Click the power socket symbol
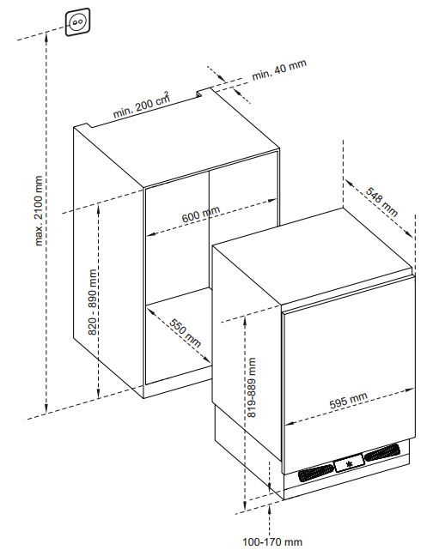pos(77,22)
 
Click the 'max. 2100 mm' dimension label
pos(39,210)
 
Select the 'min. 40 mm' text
pos(279,69)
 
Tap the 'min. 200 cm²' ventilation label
pos(141,105)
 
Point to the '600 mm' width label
pos(201,215)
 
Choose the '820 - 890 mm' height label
pos(92,302)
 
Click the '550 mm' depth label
pos(185,333)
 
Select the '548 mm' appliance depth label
pos(381,202)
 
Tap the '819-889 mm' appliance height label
pos(251,387)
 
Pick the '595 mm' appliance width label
pos(349,401)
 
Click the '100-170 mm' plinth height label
pos(272,541)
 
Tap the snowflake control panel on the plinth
pos(350,463)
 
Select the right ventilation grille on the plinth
pos(382,452)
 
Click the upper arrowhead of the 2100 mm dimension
pos(46,36)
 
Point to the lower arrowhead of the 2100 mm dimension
pos(46,409)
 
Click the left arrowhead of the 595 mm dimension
pos(290,423)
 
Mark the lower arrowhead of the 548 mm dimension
pos(409,234)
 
